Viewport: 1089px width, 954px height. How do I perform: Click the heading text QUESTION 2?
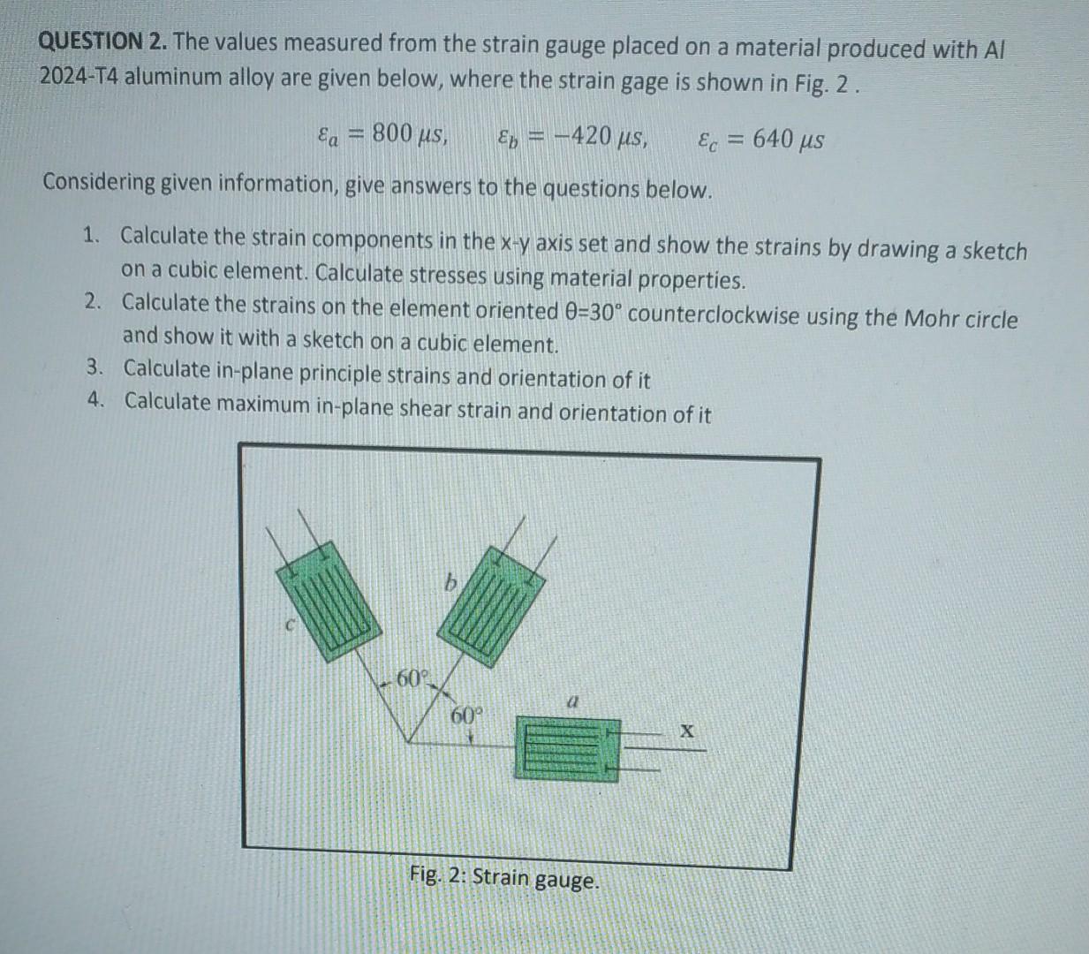click(103, 42)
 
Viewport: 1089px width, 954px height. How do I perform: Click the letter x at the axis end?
click(687, 732)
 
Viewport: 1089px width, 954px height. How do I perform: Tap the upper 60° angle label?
click(412, 678)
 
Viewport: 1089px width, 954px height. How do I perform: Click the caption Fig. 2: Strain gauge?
click(504, 878)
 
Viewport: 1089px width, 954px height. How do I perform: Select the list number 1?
click(89, 235)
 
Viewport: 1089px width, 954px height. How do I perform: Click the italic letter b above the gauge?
click(450, 582)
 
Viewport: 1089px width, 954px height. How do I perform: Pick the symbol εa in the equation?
click(327, 136)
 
